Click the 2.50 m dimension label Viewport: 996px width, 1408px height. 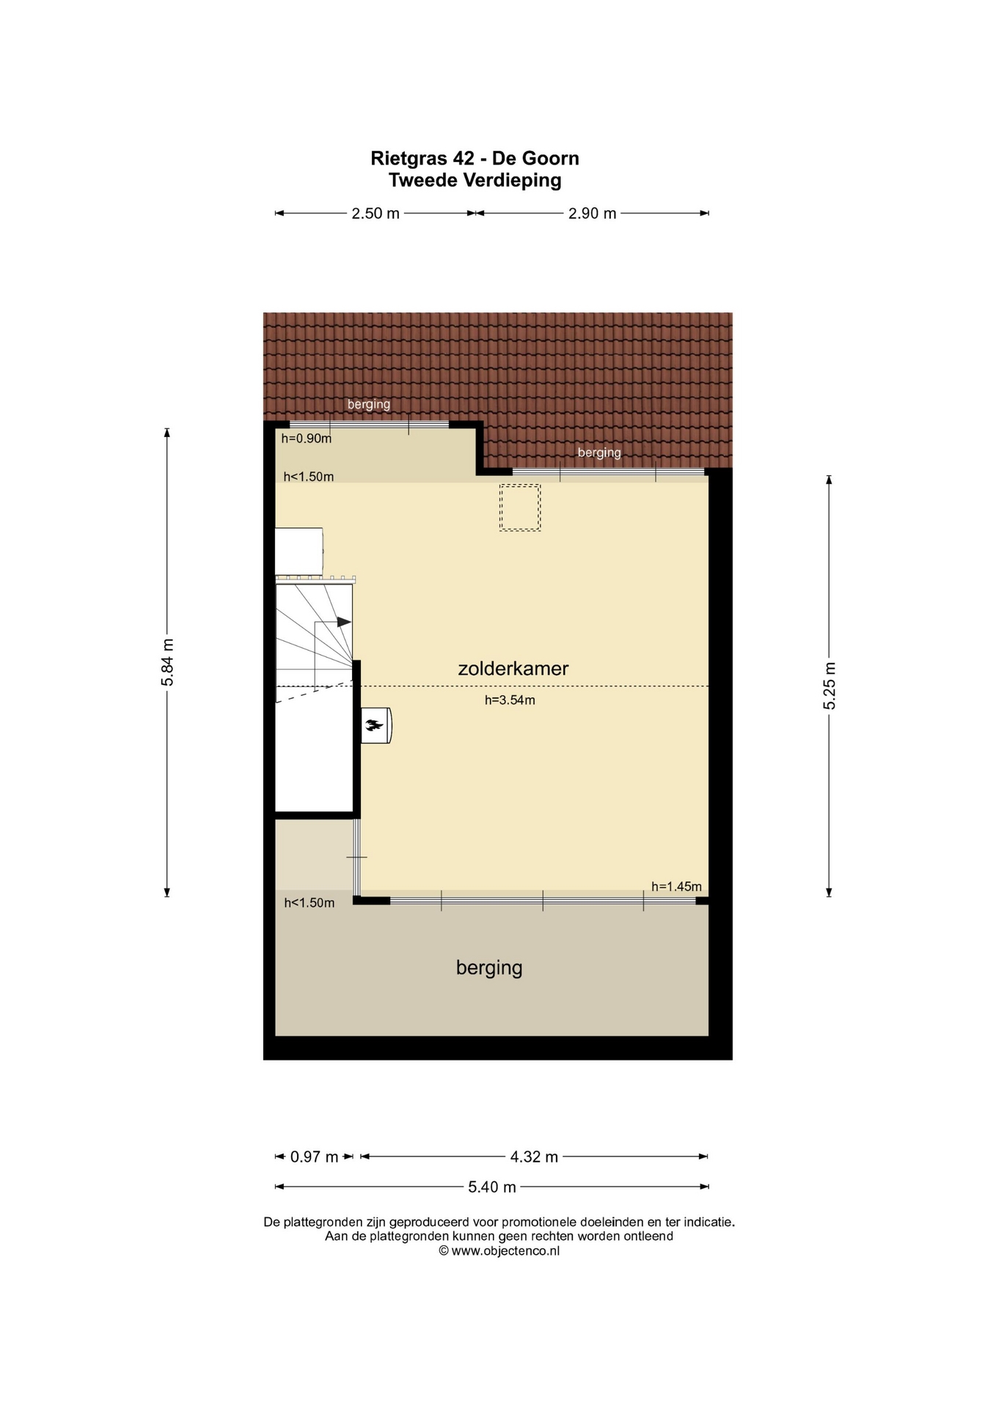click(x=376, y=213)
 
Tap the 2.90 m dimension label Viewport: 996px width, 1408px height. click(x=592, y=213)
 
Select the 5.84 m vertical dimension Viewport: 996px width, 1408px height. click(x=168, y=661)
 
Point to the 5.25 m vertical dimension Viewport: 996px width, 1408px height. click(x=830, y=685)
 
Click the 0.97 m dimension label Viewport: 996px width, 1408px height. click(x=314, y=1156)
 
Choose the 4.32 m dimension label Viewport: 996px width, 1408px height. click(x=534, y=1156)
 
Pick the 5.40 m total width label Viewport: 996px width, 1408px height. click(x=492, y=1187)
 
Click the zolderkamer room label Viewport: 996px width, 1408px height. click(x=513, y=668)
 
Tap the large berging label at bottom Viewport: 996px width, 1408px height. click(x=489, y=967)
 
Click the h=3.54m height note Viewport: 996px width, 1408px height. click(x=510, y=700)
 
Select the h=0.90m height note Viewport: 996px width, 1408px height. click(x=307, y=439)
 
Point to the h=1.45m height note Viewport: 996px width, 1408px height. click(x=676, y=887)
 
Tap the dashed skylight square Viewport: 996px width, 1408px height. click(x=520, y=507)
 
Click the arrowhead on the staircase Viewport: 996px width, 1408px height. click(x=343, y=622)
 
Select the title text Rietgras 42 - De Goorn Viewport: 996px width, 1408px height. click(x=475, y=158)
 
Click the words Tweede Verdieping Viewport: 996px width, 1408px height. click(x=475, y=180)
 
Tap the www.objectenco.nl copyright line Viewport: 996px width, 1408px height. click(x=499, y=1251)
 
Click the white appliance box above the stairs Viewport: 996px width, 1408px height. click(x=299, y=551)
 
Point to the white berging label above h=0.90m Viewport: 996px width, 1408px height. click(x=368, y=404)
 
